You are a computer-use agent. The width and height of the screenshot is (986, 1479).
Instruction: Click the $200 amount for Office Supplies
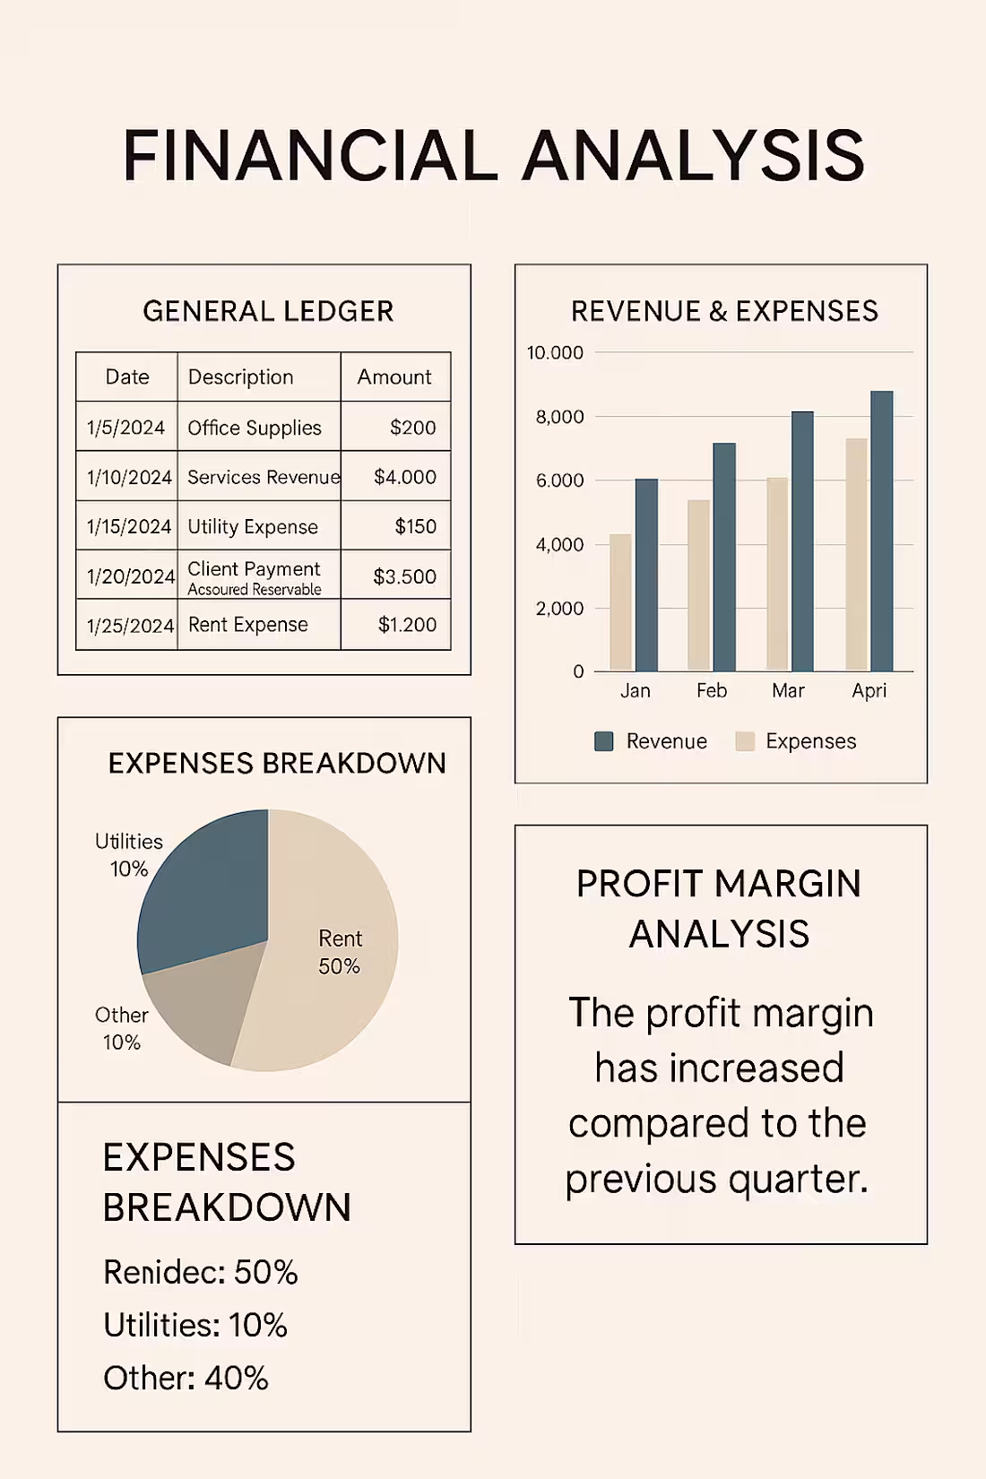tap(412, 428)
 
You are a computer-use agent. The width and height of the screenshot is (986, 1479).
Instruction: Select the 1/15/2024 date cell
tap(128, 526)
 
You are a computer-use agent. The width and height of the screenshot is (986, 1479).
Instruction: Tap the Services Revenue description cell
tap(263, 477)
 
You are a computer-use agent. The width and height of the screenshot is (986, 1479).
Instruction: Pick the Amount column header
tap(394, 376)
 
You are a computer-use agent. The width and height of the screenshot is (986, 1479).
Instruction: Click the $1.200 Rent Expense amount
tap(407, 625)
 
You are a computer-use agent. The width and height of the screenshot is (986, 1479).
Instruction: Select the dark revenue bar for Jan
tap(646, 575)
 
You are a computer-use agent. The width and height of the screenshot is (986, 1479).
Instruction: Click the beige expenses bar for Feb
tap(698, 584)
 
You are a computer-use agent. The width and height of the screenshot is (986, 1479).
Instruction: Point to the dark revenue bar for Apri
tap(881, 531)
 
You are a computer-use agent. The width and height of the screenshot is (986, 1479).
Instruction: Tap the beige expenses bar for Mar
tap(777, 574)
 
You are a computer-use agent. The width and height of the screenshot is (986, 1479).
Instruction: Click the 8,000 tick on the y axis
tap(559, 417)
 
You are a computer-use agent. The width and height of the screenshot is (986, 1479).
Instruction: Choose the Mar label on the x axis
tap(788, 690)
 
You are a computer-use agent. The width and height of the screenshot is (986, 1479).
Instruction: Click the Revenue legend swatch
tap(604, 741)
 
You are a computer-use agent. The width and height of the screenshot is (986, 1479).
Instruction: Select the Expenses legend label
tap(810, 741)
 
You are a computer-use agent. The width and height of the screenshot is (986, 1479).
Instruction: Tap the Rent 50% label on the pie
tap(340, 952)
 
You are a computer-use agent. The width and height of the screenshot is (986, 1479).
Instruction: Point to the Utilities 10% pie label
tap(129, 854)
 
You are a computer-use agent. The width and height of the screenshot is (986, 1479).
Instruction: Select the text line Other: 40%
tap(186, 1378)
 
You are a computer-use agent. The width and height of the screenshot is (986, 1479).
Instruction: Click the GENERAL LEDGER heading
tap(268, 311)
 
